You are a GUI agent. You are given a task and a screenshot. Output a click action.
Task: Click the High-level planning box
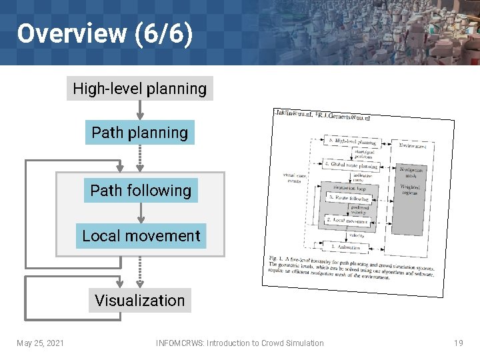pos(139,89)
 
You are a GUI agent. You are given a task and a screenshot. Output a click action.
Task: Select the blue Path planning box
pos(139,133)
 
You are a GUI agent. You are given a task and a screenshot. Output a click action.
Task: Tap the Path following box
pos(140,191)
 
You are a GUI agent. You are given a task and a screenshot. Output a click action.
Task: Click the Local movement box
pos(141,236)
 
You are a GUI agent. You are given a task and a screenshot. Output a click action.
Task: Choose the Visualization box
pos(139,301)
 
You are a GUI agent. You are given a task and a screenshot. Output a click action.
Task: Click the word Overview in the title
pos(71,33)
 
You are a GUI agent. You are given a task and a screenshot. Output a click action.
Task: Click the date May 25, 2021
pos(40,343)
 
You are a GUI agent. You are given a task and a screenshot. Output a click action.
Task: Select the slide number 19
pos(458,343)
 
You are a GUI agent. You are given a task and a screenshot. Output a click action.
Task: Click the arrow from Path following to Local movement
pos(141,213)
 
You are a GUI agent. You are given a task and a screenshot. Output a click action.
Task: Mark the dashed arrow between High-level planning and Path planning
pos(140,111)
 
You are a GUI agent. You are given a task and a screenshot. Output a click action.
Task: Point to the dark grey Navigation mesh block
pos(411,197)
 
